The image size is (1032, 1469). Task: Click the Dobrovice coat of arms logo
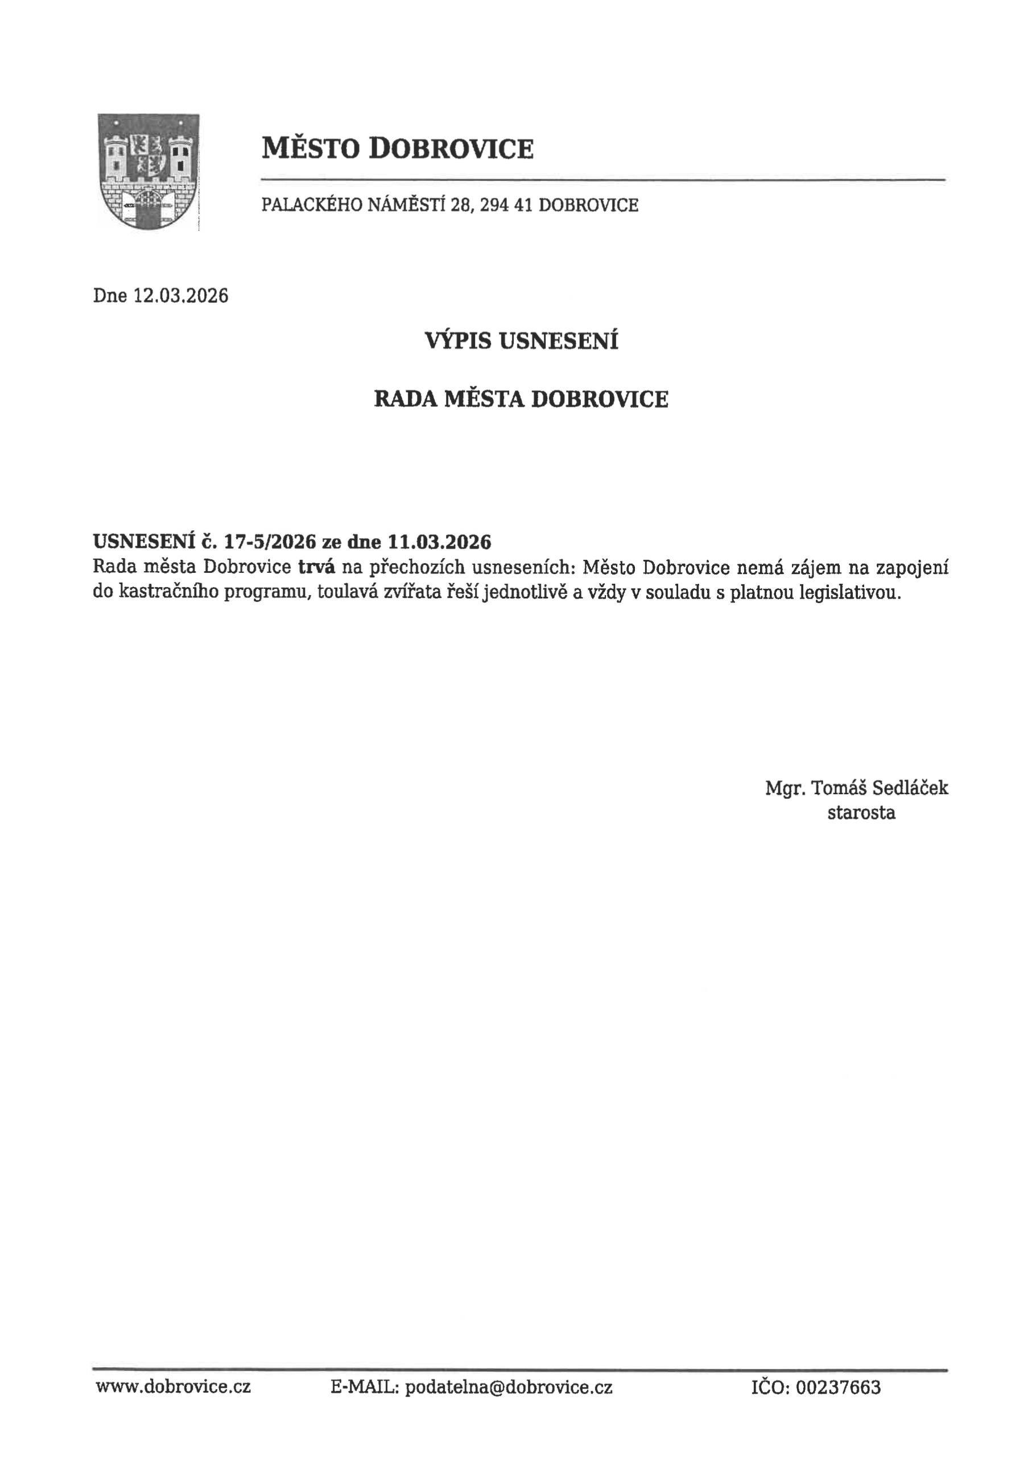point(148,171)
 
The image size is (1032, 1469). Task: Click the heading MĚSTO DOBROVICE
point(397,148)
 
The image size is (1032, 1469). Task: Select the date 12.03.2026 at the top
point(180,296)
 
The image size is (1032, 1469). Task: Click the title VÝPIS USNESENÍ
point(522,341)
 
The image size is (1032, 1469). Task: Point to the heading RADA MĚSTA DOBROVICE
point(521,399)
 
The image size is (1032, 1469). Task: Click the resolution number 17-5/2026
point(270,542)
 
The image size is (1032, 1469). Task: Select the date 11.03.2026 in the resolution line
point(440,542)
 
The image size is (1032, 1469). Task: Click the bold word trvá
point(317,567)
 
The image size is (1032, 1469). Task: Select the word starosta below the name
point(861,812)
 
